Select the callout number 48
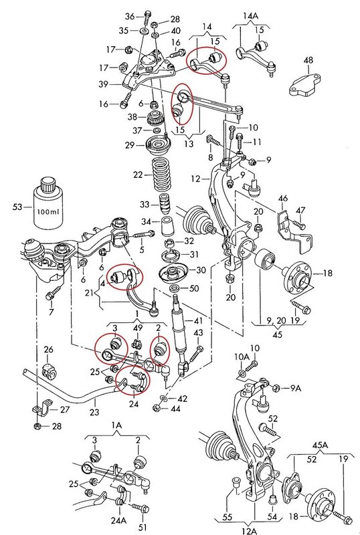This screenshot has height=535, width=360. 308,61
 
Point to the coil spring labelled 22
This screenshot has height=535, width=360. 160,175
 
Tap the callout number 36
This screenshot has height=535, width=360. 130,15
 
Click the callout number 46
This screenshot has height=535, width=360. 283,199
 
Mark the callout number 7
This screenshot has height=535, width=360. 51,313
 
